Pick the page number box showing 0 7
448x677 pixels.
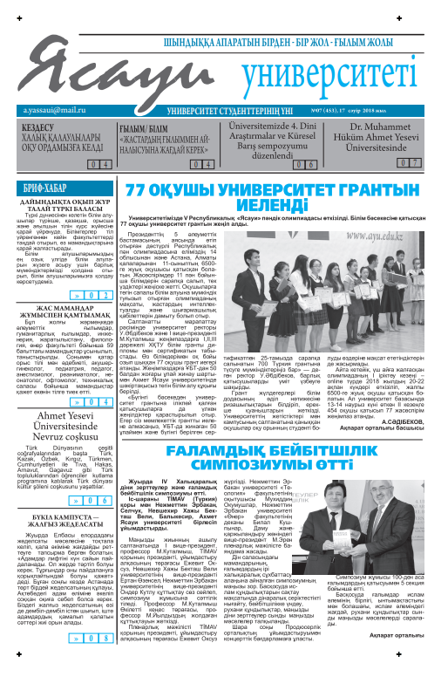click(409, 163)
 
